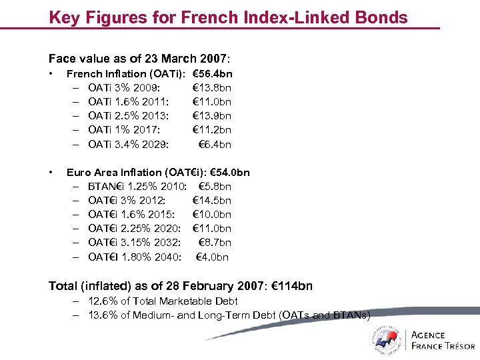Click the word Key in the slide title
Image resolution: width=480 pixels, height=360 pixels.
pyautogui.click(x=65, y=17)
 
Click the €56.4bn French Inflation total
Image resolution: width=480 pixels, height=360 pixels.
pyautogui.click(x=212, y=74)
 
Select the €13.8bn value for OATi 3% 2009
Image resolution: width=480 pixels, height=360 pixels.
pyautogui.click(x=212, y=88)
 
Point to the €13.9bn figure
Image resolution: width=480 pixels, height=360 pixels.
pyautogui.click(x=212, y=116)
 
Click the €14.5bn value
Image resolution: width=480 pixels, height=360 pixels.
pyautogui.click(x=212, y=201)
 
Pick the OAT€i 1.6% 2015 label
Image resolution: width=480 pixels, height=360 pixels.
pyautogui.click(x=131, y=215)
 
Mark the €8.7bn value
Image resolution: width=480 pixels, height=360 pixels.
pyautogui.click(x=215, y=243)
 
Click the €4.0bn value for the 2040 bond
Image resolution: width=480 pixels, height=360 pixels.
pyautogui.click(x=212, y=257)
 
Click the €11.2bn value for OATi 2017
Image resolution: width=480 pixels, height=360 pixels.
pyautogui.click(x=212, y=130)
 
